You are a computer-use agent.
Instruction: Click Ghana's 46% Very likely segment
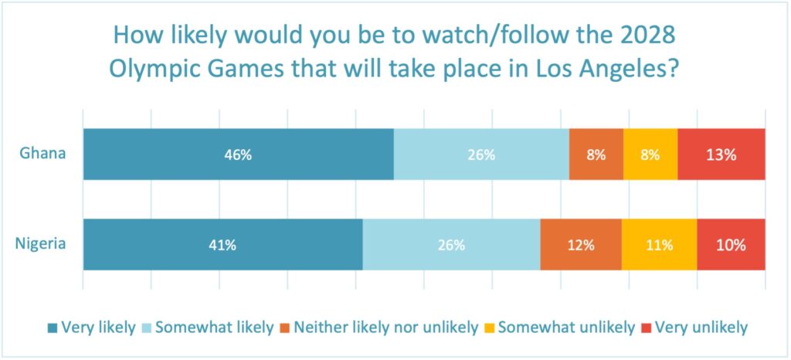[x=238, y=155]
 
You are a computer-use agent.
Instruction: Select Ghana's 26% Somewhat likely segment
[x=480, y=155]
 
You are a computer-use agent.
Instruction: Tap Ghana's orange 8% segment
[x=596, y=155]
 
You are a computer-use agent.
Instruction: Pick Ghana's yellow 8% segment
[x=650, y=155]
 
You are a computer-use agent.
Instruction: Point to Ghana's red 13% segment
[x=721, y=155]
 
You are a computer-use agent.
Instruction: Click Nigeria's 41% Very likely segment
[x=222, y=245]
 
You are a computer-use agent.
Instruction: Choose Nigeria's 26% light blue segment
[x=451, y=245]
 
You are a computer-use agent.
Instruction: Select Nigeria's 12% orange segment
[x=580, y=245]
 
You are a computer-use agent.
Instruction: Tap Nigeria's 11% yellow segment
[x=659, y=245]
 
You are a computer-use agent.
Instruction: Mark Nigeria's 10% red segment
[x=731, y=245]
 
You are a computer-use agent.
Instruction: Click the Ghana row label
[x=42, y=153]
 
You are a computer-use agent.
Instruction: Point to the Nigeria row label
[x=40, y=244]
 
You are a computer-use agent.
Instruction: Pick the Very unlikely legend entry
[x=694, y=328]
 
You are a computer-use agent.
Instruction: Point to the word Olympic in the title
[x=151, y=69]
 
